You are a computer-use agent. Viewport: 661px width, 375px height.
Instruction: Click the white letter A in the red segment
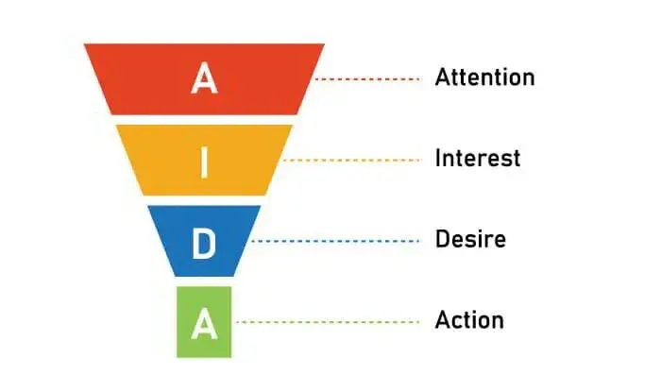coord(204,79)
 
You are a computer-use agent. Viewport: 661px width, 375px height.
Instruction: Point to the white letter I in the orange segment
coord(204,161)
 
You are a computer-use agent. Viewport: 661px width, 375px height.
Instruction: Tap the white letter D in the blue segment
coord(204,241)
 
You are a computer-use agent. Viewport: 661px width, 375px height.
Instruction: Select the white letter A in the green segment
coord(204,323)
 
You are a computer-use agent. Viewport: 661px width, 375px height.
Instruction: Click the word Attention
coord(484,77)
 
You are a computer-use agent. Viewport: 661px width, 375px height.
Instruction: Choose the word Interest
coord(477,158)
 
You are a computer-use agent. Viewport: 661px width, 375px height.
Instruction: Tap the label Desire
coord(470,239)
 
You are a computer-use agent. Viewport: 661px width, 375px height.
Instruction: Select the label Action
coord(469,320)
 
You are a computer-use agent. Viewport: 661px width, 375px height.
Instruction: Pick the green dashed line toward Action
coord(326,322)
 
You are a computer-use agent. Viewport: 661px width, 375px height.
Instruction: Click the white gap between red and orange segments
coord(204,120)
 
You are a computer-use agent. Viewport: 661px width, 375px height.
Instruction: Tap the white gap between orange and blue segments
coord(204,200)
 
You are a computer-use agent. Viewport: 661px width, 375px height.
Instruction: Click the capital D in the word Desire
coord(441,239)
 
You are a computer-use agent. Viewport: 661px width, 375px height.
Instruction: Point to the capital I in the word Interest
coord(438,158)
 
